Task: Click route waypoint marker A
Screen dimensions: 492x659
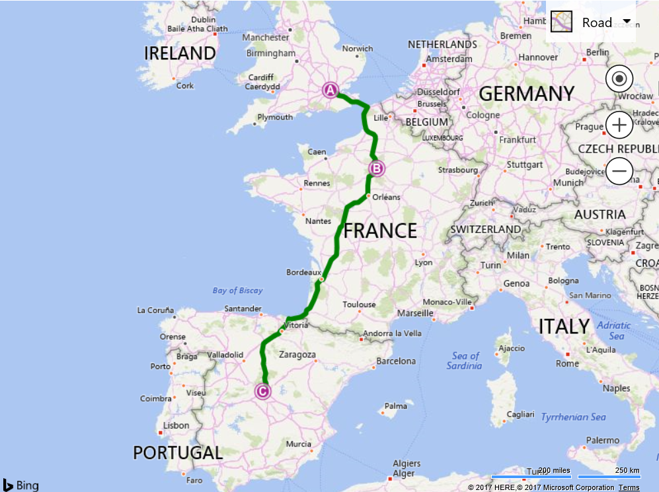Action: coord(330,90)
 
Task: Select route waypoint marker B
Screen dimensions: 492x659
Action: coord(376,168)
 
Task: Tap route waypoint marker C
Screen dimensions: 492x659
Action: coord(263,392)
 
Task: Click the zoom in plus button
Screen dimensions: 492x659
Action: coord(619,125)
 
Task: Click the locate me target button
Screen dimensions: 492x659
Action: coord(619,79)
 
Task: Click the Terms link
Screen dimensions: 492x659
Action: coord(629,487)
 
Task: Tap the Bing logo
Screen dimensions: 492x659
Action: coord(20,485)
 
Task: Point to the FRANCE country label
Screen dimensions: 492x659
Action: coord(380,230)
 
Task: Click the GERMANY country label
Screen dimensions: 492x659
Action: coord(526,94)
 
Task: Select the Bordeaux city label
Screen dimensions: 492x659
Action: coord(303,272)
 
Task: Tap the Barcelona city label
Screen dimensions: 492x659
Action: coord(396,361)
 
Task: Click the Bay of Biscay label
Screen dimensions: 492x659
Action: coord(237,291)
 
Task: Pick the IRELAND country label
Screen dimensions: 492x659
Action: coord(180,53)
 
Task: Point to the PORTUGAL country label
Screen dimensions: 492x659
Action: coord(178,453)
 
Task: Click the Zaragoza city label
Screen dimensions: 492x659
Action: coord(297,355)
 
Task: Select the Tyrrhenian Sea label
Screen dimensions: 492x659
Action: coord(573,417)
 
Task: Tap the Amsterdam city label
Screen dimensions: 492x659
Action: coord(449,59)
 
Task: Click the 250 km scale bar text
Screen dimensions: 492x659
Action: coord(626,470)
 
